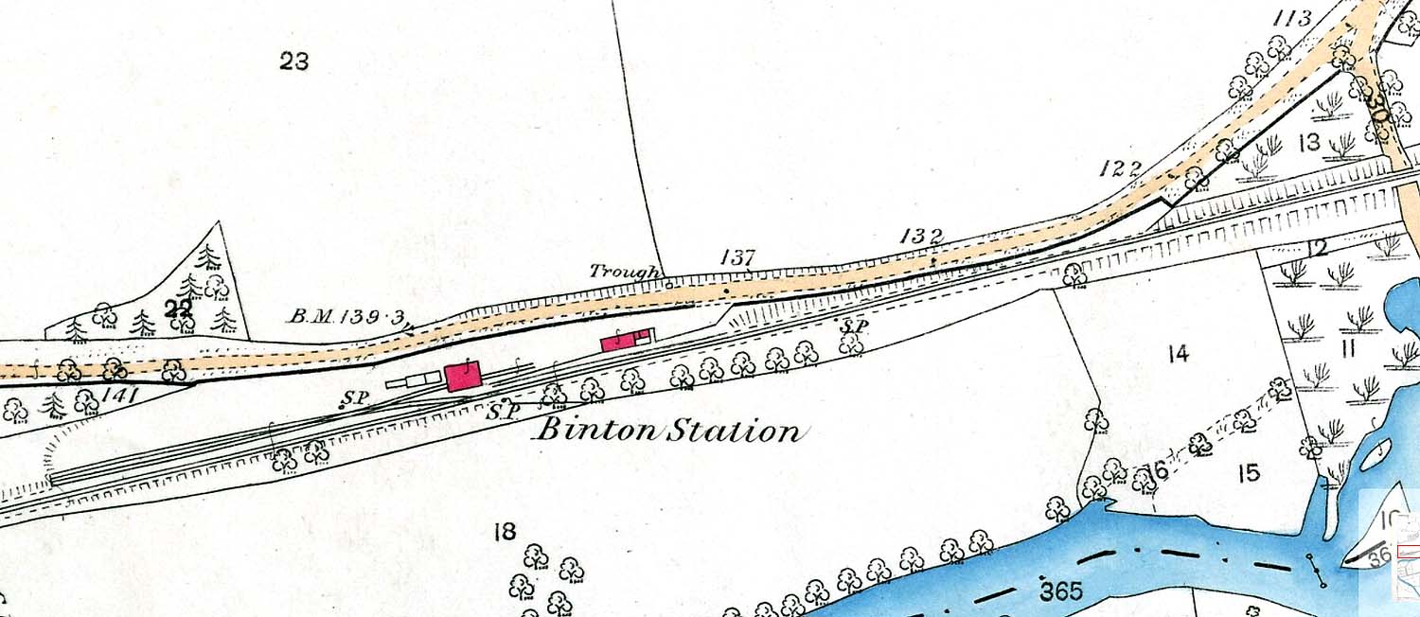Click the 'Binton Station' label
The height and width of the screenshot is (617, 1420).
point(668,432)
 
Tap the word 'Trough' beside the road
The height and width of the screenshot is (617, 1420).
point(624,271)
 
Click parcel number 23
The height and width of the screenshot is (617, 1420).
point(294,62)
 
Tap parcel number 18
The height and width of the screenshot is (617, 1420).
point(505,532)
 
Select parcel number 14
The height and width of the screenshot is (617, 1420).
point(1178,355)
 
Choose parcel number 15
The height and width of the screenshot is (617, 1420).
point(1250,472)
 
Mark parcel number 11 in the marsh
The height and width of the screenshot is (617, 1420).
point(1348,349)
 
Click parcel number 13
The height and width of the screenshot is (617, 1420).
point(1309,143)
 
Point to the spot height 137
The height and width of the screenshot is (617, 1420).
point(737,256)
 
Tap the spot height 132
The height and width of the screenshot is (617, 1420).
point(921,237)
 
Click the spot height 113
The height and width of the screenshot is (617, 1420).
point(1292,18)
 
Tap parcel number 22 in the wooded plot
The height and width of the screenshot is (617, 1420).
point(177,308)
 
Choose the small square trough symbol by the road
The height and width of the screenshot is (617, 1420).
point(668,282)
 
